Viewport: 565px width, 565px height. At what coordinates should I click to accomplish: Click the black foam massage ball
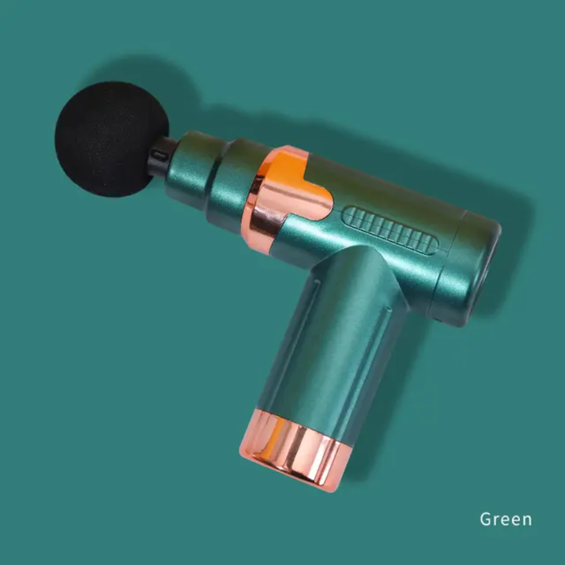click(112, 139)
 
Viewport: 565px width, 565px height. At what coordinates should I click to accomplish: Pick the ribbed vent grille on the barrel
click(391, 230)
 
